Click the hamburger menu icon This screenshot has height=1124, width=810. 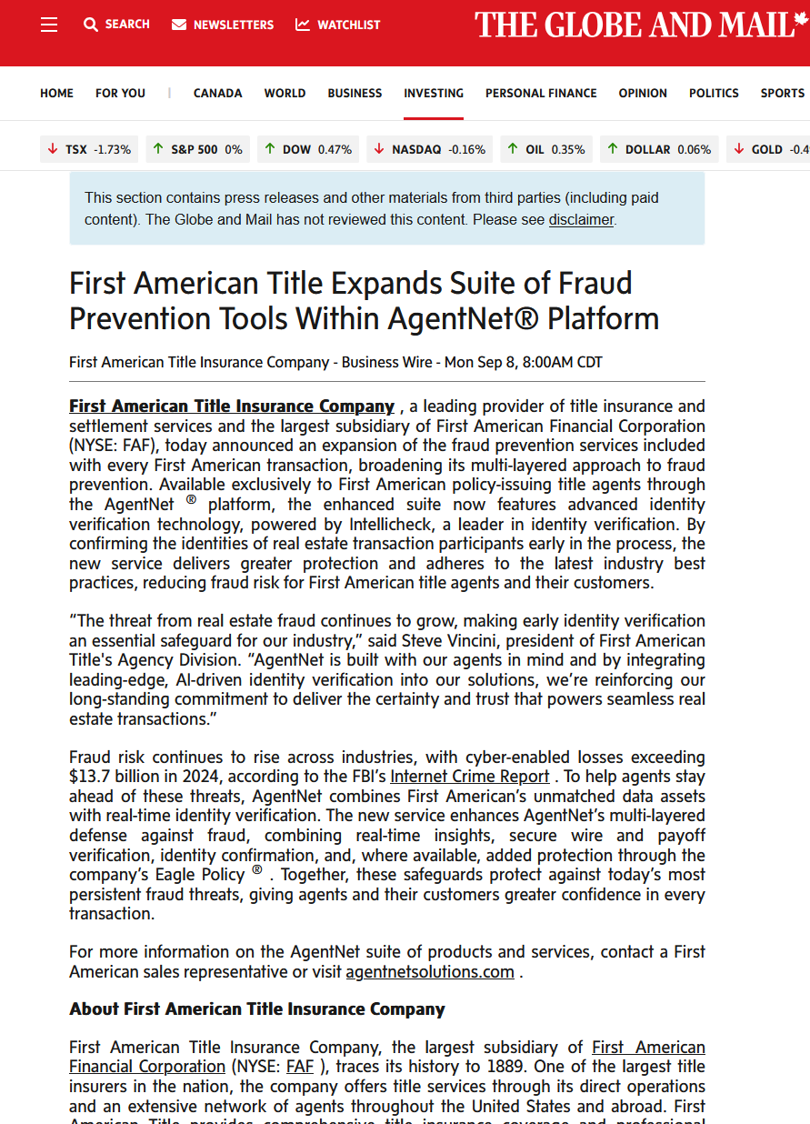pyautogui.click(x=49, y=25)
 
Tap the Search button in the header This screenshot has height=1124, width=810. pyautogui.click(x=116, y=25)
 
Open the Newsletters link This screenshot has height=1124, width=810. pyautogui.click(x=223, y=25)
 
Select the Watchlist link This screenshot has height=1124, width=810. pyautogui.click(x=338, y=25)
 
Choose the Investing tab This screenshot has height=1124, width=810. pyautogui.click(x=434, y=93)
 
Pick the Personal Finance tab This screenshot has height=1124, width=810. pyautogui.click(x=541, y=93)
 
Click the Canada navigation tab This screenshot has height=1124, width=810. pyautogui.click(x=217, y=93)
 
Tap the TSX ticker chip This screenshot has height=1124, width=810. pyautogui.click(x=89, y=149)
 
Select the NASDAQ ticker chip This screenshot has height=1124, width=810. pyautogui.click(x=429, y=149)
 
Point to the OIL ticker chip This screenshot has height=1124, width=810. pyautogui.click(x=545, y=149)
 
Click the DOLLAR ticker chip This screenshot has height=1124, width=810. pyautogui.click(x=658, y=149)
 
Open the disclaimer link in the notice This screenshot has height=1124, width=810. pyautogui.click(x=581, y=219)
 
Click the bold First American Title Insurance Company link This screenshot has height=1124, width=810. pyautogui.click(x=232, y=406)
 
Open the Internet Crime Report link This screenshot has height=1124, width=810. pyautogui.click(x=469, y=777)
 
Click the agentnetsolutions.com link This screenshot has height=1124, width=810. pyautogui.click(x=430, y=972)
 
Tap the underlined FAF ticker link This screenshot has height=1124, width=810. pyautogui.click(x=299, y=1067)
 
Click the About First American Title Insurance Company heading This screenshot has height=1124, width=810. pyautogui.click(x=257, y=1009)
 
